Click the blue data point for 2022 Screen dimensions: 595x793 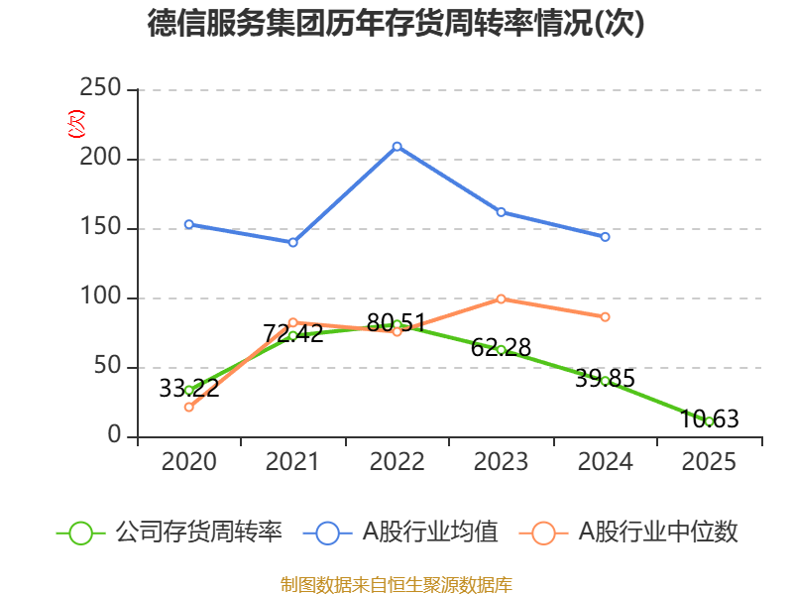396,146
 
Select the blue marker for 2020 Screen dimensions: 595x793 188,224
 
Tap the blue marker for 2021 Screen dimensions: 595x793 292,242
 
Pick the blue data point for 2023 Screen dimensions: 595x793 501,211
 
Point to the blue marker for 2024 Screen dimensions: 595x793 605,237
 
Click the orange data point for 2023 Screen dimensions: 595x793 501,298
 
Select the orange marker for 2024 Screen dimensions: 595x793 605,316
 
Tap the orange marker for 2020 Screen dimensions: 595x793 188,407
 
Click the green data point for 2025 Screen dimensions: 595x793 709,421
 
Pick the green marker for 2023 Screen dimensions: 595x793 501,349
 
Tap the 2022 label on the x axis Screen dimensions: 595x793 396,462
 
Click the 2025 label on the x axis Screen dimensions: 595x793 709,462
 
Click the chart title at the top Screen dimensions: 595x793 396,23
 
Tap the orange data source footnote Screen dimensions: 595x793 396,584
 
